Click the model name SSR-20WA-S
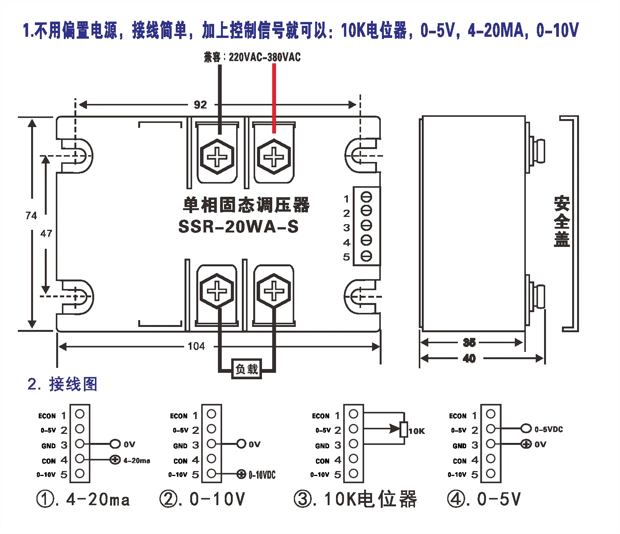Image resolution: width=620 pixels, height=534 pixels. point(238,226)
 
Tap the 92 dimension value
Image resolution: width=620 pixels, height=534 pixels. point(200,105)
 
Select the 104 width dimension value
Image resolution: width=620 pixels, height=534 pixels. point(196,346)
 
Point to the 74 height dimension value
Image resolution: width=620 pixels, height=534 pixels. point(31,215)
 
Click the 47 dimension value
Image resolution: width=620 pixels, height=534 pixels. point(46,233)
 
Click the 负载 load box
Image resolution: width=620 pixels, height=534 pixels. point(247,369)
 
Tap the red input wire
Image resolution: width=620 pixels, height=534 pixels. point(274,98)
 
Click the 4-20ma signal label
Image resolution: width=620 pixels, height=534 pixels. point(137,460)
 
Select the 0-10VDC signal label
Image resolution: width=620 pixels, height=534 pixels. point(262,474)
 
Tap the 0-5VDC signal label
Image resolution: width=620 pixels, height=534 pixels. point(549,429)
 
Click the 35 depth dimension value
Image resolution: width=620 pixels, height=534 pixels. point(469,342)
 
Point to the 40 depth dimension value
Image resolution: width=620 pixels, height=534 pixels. point(469,358)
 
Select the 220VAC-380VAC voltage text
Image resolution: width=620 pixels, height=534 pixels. point(265,57)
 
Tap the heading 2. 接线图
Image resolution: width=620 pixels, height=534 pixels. point(63,384)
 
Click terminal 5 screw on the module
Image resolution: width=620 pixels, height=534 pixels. point(366,256)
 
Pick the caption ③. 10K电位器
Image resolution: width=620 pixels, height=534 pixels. point(355,499)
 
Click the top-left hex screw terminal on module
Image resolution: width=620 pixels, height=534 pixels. point(217,156)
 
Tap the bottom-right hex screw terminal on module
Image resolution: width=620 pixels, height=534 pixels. point(274,291)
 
